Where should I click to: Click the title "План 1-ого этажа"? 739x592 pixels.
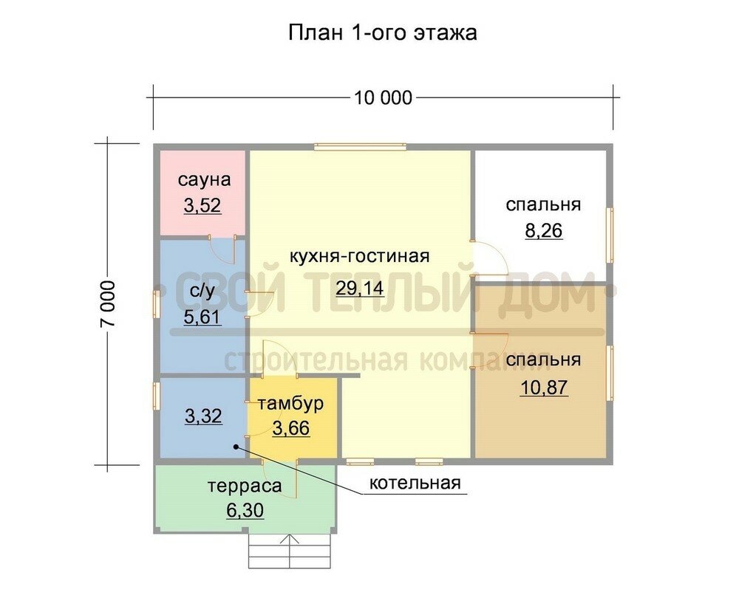382,33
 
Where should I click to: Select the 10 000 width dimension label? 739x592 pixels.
383,98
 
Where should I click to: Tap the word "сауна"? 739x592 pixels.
204,180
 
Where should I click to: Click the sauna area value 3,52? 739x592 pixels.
202,206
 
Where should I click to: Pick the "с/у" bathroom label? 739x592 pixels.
202,292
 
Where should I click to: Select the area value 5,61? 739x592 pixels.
202,317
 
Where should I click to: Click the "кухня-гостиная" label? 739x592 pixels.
359,256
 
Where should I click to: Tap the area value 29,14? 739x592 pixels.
360,288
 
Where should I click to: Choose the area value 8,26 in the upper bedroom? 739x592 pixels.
544,231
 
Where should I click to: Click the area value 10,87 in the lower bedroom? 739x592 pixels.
544,388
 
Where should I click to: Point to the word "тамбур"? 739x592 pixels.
290,403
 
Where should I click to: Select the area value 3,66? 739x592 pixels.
291,428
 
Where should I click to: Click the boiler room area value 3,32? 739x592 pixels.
204,416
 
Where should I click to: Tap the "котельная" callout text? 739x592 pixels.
415,483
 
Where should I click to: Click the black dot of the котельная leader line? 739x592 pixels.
235,447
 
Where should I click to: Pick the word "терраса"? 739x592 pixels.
245,486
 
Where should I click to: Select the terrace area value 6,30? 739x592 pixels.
245,510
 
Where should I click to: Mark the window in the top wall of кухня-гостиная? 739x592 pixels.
361,146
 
